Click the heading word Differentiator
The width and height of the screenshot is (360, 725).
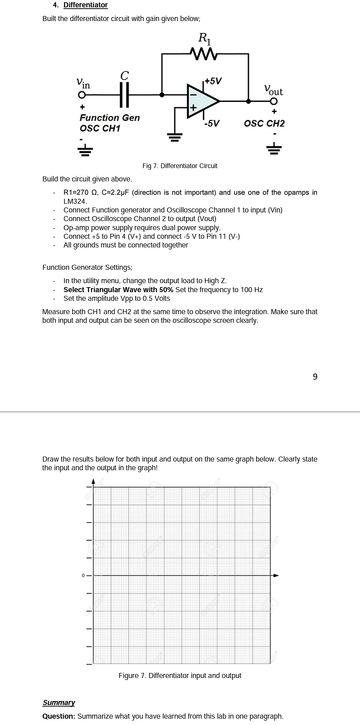pos(86,5)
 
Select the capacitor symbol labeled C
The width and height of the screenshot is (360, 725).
pos(124,95)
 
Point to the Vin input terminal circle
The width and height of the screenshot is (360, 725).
pos(81,95)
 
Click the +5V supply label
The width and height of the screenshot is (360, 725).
pos(213,81)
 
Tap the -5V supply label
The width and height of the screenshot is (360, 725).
pos(212,123)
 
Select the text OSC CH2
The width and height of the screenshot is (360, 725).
pos(264,123)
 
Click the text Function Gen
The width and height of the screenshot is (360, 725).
pos(110,118)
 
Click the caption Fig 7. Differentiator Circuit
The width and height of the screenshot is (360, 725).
pos(180,166)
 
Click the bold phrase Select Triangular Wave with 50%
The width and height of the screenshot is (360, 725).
pos(118,289)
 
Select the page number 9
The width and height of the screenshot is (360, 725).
pos(315,377)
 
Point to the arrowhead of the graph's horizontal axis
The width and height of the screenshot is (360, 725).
pos(276,575)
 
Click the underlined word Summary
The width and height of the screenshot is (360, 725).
pos(59,702)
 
